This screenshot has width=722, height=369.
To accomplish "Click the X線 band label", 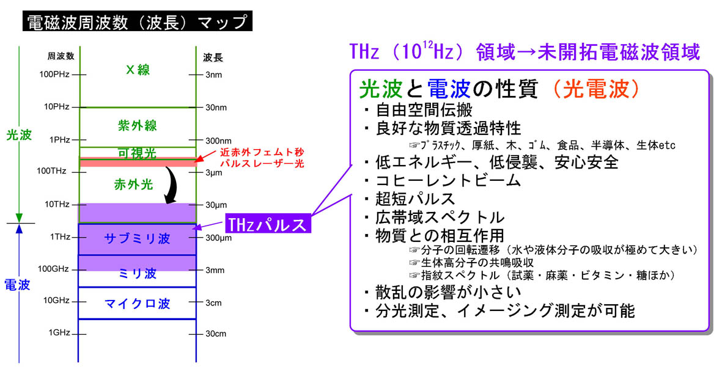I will click(x=138, y=70).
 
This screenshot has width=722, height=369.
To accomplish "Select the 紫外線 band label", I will click(x=138, y=126).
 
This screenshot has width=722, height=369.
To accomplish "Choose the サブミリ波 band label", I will click(x=138, y=239).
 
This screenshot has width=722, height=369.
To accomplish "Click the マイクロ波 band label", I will click(x=138, y=304).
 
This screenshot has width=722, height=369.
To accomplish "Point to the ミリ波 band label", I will click(x=138, y=274).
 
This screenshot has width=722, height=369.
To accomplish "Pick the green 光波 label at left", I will click(x=18, y=135).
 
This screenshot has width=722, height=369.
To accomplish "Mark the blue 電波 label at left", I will click(x=18, y=285).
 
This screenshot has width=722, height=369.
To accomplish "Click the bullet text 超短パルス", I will click(x=415, y=199).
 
